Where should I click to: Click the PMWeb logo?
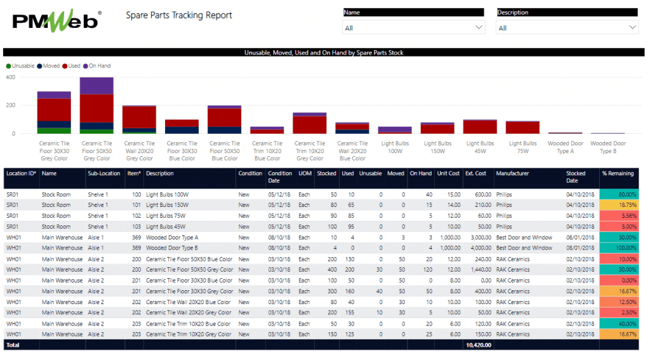click(56, 20)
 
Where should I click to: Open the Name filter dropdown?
click(414, 28)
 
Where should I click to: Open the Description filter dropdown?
click(567, 28)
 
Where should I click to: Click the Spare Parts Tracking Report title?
click(179, 15)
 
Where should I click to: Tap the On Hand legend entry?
click(99, 66)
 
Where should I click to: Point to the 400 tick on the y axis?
click(10, 77)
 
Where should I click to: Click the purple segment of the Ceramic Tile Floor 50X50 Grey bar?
click(96, 86)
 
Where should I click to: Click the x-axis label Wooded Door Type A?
click(565, 147)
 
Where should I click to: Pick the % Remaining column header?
click(618, 173)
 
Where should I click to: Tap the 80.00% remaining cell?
click(618, 194)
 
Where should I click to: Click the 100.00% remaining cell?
click(618, 248)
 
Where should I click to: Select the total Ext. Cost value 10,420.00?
click(479, 345)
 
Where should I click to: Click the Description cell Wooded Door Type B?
click(172, 248)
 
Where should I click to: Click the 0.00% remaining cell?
click(618, 281)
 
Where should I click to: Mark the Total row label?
click(13, 345)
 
